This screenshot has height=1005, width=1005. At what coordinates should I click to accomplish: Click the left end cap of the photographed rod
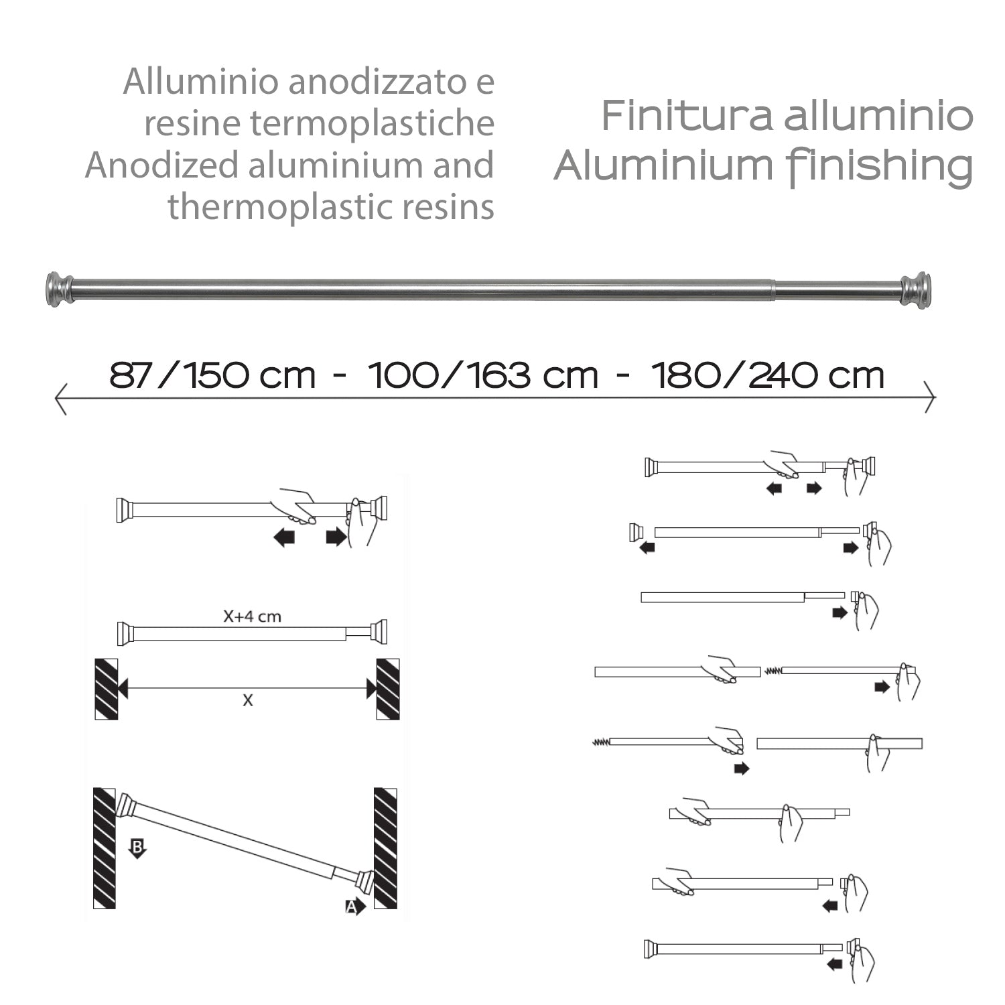(x=59, y=289)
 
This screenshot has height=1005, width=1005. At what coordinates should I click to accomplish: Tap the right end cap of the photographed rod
(x=915, y=290)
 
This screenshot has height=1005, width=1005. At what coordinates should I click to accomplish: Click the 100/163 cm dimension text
(x=483, y=375)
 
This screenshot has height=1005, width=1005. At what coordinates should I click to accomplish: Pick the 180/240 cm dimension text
(x=768, y=375)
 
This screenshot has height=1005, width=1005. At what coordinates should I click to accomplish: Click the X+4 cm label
(x=252, y=616)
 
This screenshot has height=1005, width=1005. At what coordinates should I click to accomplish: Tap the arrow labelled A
(x=355, y=907)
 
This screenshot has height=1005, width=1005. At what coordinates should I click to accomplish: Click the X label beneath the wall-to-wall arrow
(x=248, y=701)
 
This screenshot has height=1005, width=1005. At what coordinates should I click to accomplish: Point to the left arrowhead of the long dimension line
(x=60, y=398)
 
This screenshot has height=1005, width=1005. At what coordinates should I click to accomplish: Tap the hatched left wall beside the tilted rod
(x=104, y=848)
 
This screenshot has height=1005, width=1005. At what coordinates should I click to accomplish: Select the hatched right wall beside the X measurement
(x=388, y=689)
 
